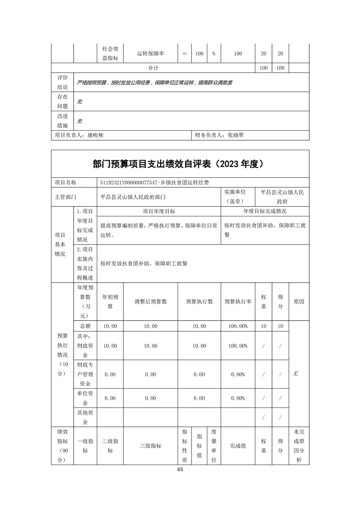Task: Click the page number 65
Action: pyautogui.click(x=180, y=470)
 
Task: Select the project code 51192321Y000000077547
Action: pyautogui.click(x=128, y=182)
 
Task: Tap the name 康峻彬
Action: pyautogui.click(x=95, y=135)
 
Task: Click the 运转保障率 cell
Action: pyautogui.click(x=150, y=54)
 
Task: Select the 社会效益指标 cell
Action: pyautogui.click(x=110, y=53)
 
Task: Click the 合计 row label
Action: pyautogui.click(x=153, y=68)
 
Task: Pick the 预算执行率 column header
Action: pyautogui.click(x=238, y=302)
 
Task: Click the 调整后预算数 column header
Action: pyautogui.click(x=150, y=302)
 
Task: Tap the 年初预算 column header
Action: pyautogui.click(x=110, y=302)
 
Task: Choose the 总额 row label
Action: pyautogui.click(x=85, y=326)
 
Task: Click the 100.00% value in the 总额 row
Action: pyautogui.click(x=238, y=326)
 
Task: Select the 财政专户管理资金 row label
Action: pyautogui.click(x=85, y=374)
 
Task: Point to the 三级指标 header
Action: pyautogui.click(x=150, y=446)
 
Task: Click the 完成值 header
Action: pyautogui.click(x=238, y=446)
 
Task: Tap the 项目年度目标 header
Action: pyautogui.click(x=159, y=211)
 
